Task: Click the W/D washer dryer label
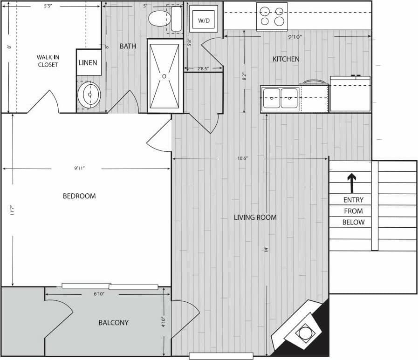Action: point(204,21)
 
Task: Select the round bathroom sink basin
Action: point(89,95)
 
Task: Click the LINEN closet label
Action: point(88,62)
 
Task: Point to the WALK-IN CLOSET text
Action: point(48,61)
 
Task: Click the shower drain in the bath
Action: point(164,75)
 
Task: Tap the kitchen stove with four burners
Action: point(272,16)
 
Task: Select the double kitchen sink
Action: point(280,98)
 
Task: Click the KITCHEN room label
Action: point(286,59)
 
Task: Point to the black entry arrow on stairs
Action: point(351,183)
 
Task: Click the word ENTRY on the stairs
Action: point(353,200)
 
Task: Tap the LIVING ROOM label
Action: point(255,217)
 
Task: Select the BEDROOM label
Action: point(79,196)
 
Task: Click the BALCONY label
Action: point(113,322)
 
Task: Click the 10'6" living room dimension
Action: point(242,158)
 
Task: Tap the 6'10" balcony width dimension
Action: point(98,294)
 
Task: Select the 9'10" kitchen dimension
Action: point(295,36)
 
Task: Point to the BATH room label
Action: point(128,46)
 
